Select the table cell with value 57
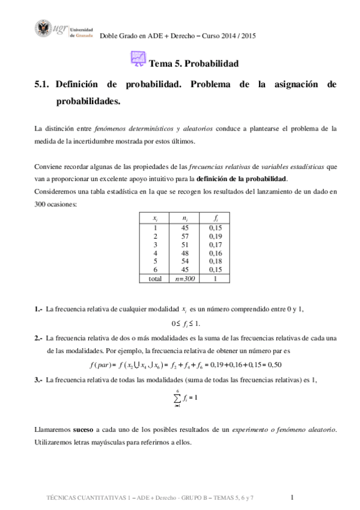185,237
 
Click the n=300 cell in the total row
185,279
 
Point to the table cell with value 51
185,245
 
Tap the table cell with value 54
185,262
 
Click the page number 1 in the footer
291,497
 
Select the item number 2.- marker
38,338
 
